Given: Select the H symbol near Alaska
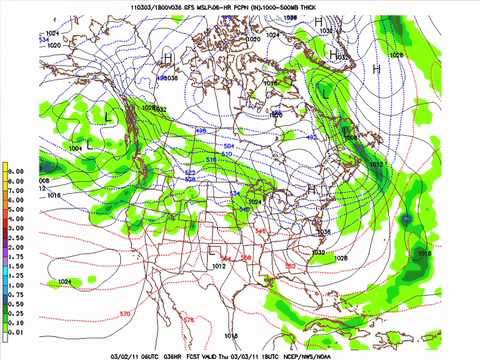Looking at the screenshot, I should [x=167, y=56].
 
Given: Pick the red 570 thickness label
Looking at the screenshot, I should [x=124, y=314].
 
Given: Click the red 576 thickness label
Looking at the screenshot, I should [x=190, y=319].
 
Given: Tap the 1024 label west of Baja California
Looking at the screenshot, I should [x=64, y=283].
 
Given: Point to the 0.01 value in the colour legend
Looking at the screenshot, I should [x=16, y=328].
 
